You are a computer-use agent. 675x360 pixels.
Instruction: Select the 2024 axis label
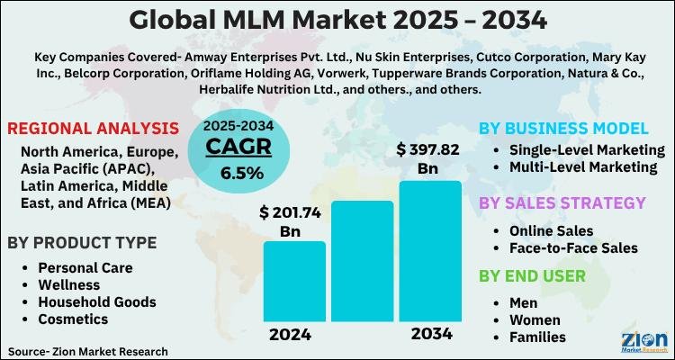[290, 335]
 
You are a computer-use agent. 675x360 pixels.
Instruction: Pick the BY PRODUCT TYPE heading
[82, 243]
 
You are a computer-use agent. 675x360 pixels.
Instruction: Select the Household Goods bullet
[96, 301]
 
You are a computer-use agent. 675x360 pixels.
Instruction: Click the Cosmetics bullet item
[73, 319]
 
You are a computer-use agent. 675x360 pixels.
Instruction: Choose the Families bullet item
[537, 337]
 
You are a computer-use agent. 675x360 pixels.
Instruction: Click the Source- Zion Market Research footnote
[88, 349]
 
